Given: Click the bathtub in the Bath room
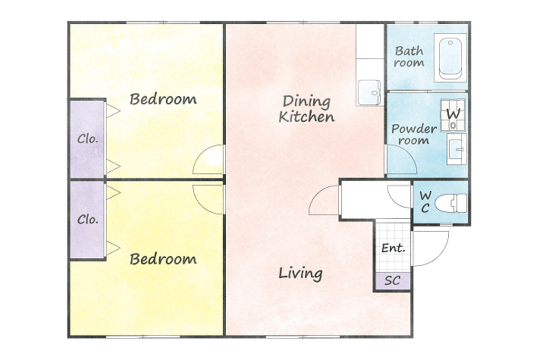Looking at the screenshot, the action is tap(450, 58).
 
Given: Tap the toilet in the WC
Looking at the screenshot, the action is tap(451, 203).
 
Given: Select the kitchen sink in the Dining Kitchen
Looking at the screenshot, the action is tap(369, 92).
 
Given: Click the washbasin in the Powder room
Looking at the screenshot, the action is tap(457, 149).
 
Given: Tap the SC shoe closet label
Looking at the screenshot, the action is tap(392, 280).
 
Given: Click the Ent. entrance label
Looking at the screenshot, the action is tap(393, 248).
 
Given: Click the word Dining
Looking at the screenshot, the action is tap(306, 102).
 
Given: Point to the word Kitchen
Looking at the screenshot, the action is tap(306, 116).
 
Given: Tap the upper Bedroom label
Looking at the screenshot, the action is tap(163, 99).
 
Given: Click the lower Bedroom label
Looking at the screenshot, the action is tap(163, 259).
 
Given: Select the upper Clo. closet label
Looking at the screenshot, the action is tap(88, 139).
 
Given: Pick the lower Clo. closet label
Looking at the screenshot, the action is tap(88, 219).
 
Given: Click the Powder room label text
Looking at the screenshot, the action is tap(414, 134).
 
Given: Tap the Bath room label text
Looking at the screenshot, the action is tap(409, 57).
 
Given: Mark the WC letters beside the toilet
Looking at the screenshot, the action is tap(426, 202).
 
